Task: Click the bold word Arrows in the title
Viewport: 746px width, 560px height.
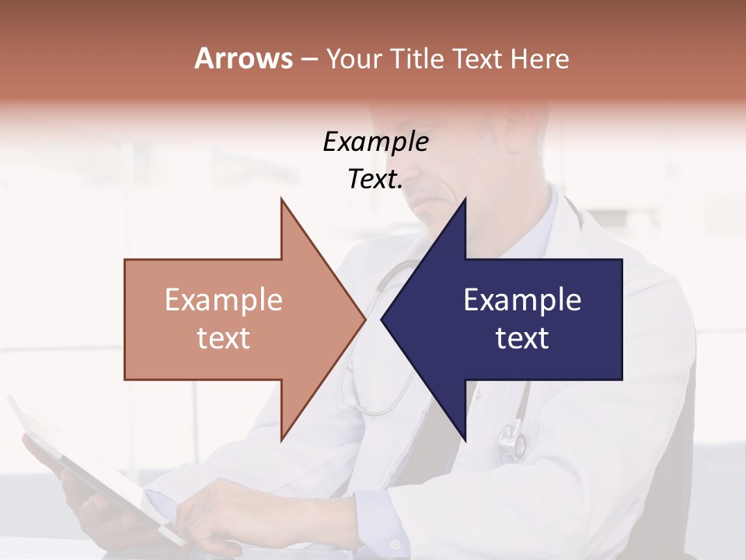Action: [x=244, y=58]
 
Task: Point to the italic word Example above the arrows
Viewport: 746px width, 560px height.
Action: [x=375, y=142]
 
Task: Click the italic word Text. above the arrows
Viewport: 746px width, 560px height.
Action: [x=375, y=180]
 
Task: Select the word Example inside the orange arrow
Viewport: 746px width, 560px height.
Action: [x=224, y=300]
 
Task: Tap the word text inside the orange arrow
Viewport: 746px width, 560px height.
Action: [x=224, y=338]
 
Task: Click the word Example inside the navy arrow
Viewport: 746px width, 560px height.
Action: [x=522, y=300]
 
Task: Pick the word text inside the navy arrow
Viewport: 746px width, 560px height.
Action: [x=522, y=338]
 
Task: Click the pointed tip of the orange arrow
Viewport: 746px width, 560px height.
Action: [x=364, y=319]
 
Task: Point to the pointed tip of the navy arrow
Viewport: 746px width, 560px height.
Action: [x=383, y=319]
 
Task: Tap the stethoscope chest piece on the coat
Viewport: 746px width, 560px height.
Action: [x=511, y=439]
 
